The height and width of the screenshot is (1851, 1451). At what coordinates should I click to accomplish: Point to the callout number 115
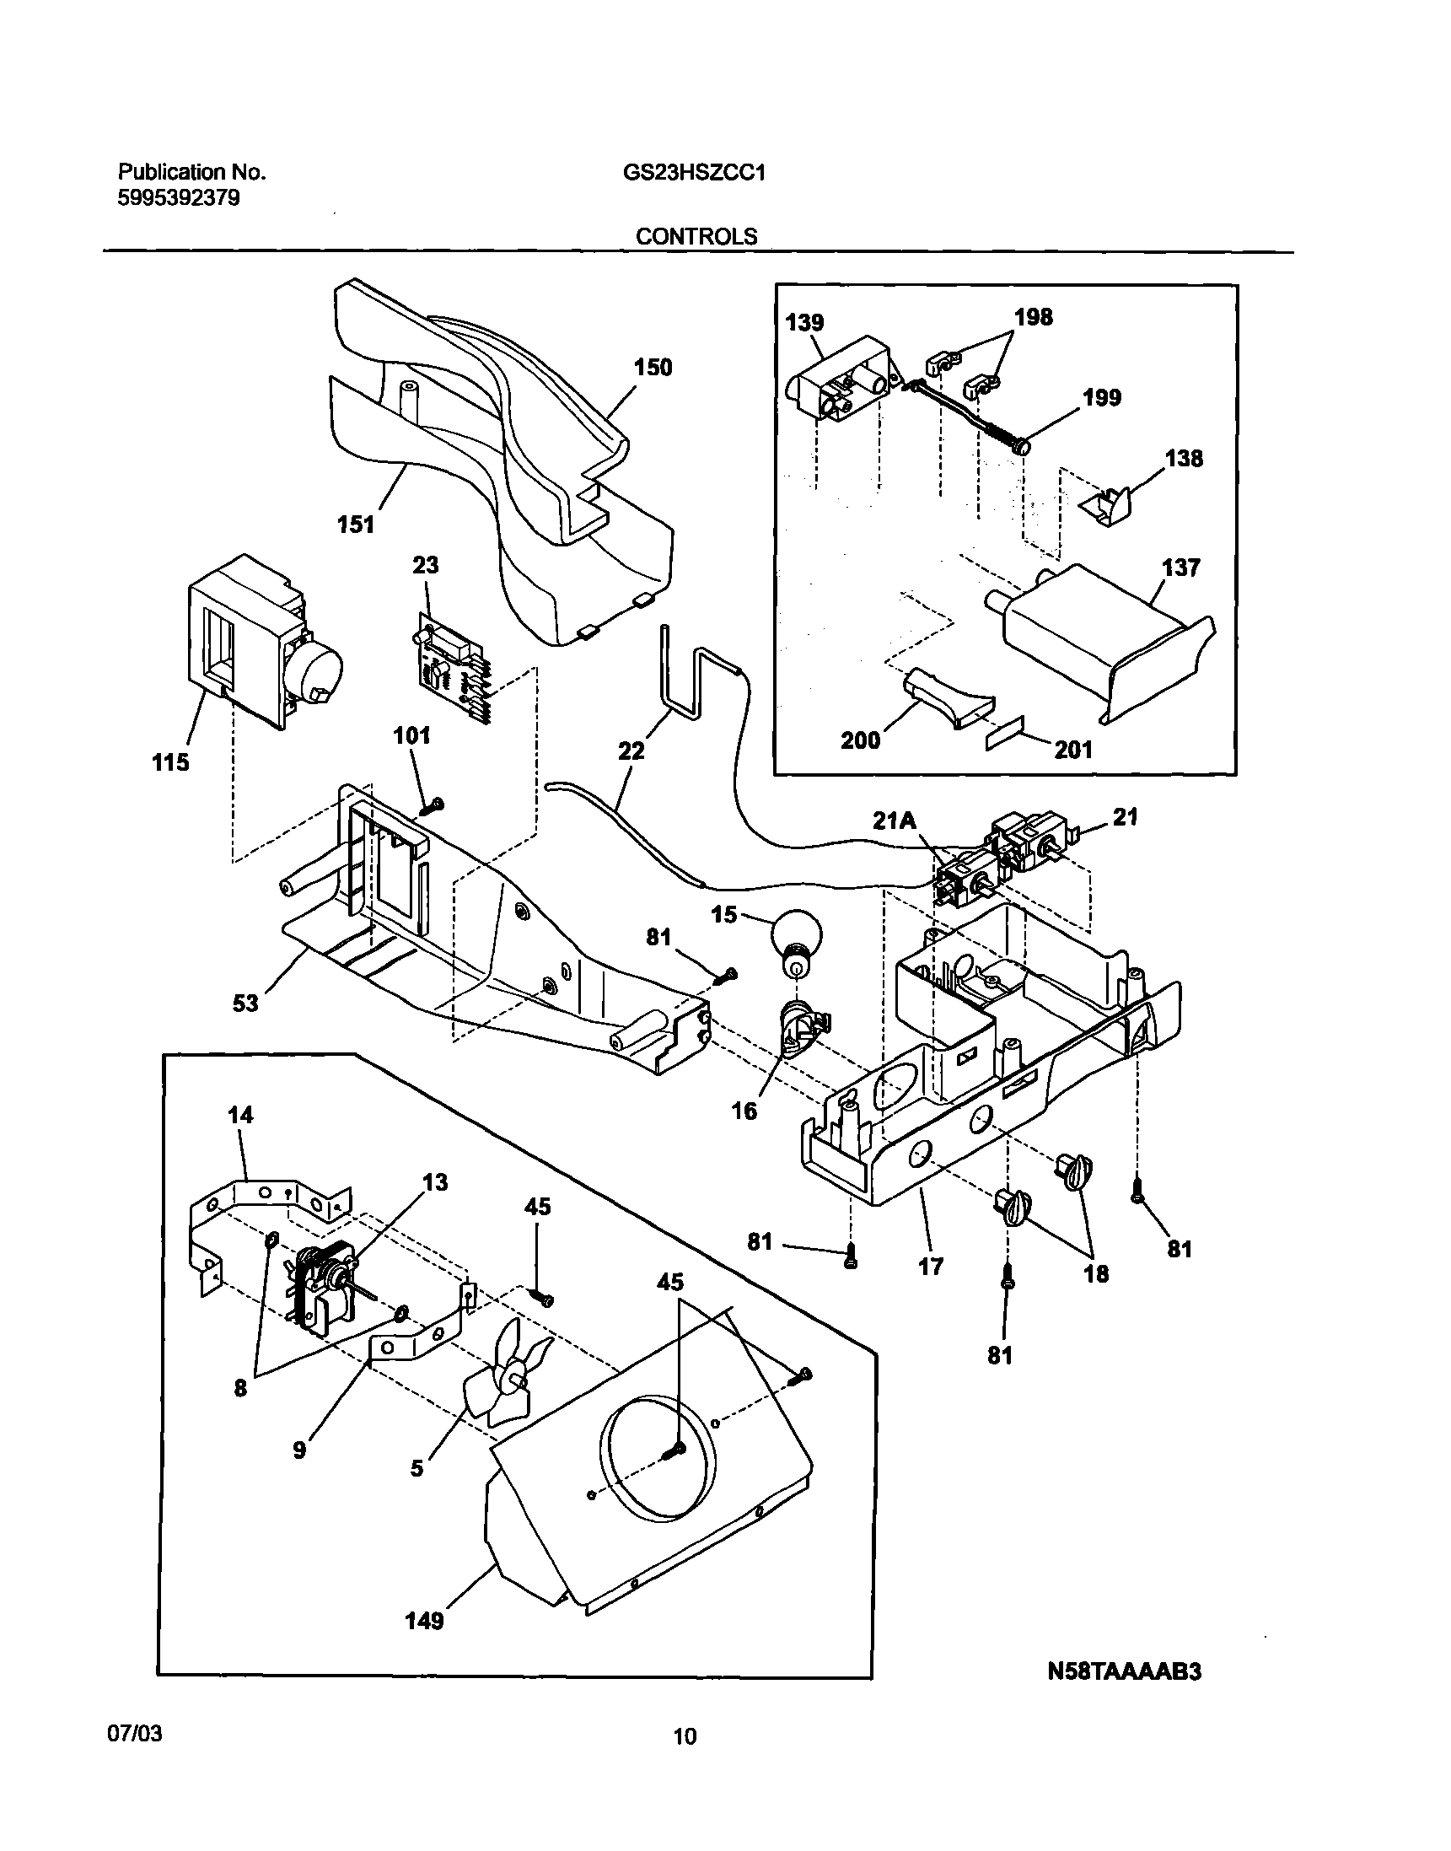tap(170, 762)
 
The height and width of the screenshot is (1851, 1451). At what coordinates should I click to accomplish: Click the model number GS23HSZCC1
tap(695, 173)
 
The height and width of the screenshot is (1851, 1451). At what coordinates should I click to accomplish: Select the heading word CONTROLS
tap(696, 236)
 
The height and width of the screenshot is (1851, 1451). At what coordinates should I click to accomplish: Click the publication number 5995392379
tap(179, 199)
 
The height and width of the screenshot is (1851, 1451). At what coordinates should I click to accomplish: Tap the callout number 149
tap(424, 1621)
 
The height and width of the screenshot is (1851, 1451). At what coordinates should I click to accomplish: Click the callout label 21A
tap(895, 821)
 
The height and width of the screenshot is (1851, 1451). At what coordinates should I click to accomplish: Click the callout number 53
tap(245, 1004)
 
